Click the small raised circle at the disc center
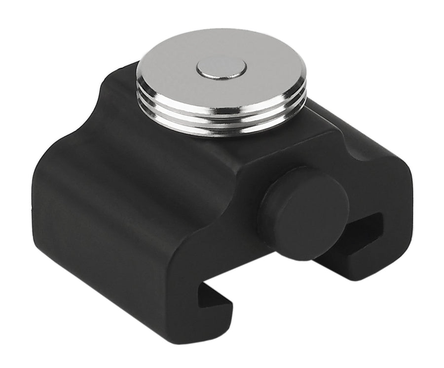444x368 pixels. pyautogui.click(x=221, y=68)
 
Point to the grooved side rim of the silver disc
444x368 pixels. pyautogui.click(x=222, y=119)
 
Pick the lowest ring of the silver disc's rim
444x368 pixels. pyautogui.click(x=222, y=129)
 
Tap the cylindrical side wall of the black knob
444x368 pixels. pyautogui.click(x=269, y=217)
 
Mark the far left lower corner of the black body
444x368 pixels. pyautogui.click(x=39, y=232)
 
